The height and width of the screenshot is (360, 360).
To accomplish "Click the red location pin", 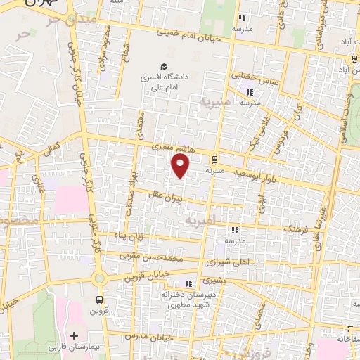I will tap(181, 166).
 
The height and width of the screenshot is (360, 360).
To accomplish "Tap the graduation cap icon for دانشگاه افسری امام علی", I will tap(162, 67).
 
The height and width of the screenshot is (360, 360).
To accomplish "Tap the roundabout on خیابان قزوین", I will tap(99, 278).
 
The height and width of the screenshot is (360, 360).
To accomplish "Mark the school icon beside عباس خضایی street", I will tap(248, 92).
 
